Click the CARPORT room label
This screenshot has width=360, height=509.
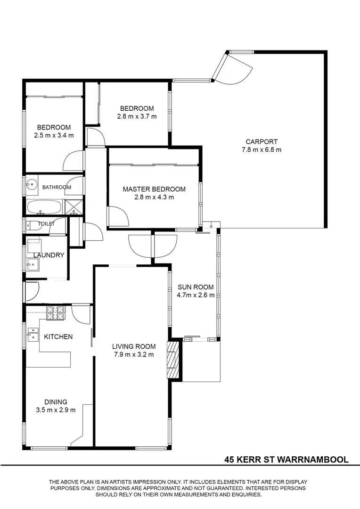coord(262,141)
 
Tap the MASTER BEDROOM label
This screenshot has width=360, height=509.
coord(154,189)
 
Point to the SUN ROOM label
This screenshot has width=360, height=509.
coord(196,287)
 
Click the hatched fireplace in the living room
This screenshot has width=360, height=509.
coord(173,360)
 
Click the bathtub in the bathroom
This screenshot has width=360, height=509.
coord(44,207)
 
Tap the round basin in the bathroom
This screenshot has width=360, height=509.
coord(32,185)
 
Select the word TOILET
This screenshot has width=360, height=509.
coord(46,224)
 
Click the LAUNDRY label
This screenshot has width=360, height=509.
coord(49,255)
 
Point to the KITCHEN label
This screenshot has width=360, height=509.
coord(58,337)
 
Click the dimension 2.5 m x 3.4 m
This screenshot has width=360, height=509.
coord(54,135)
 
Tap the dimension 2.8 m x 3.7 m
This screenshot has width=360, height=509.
coord(137,116)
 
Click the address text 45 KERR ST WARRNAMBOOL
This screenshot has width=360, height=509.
coord(286,459)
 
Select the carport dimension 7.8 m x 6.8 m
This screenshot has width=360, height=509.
coord(262,150)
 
